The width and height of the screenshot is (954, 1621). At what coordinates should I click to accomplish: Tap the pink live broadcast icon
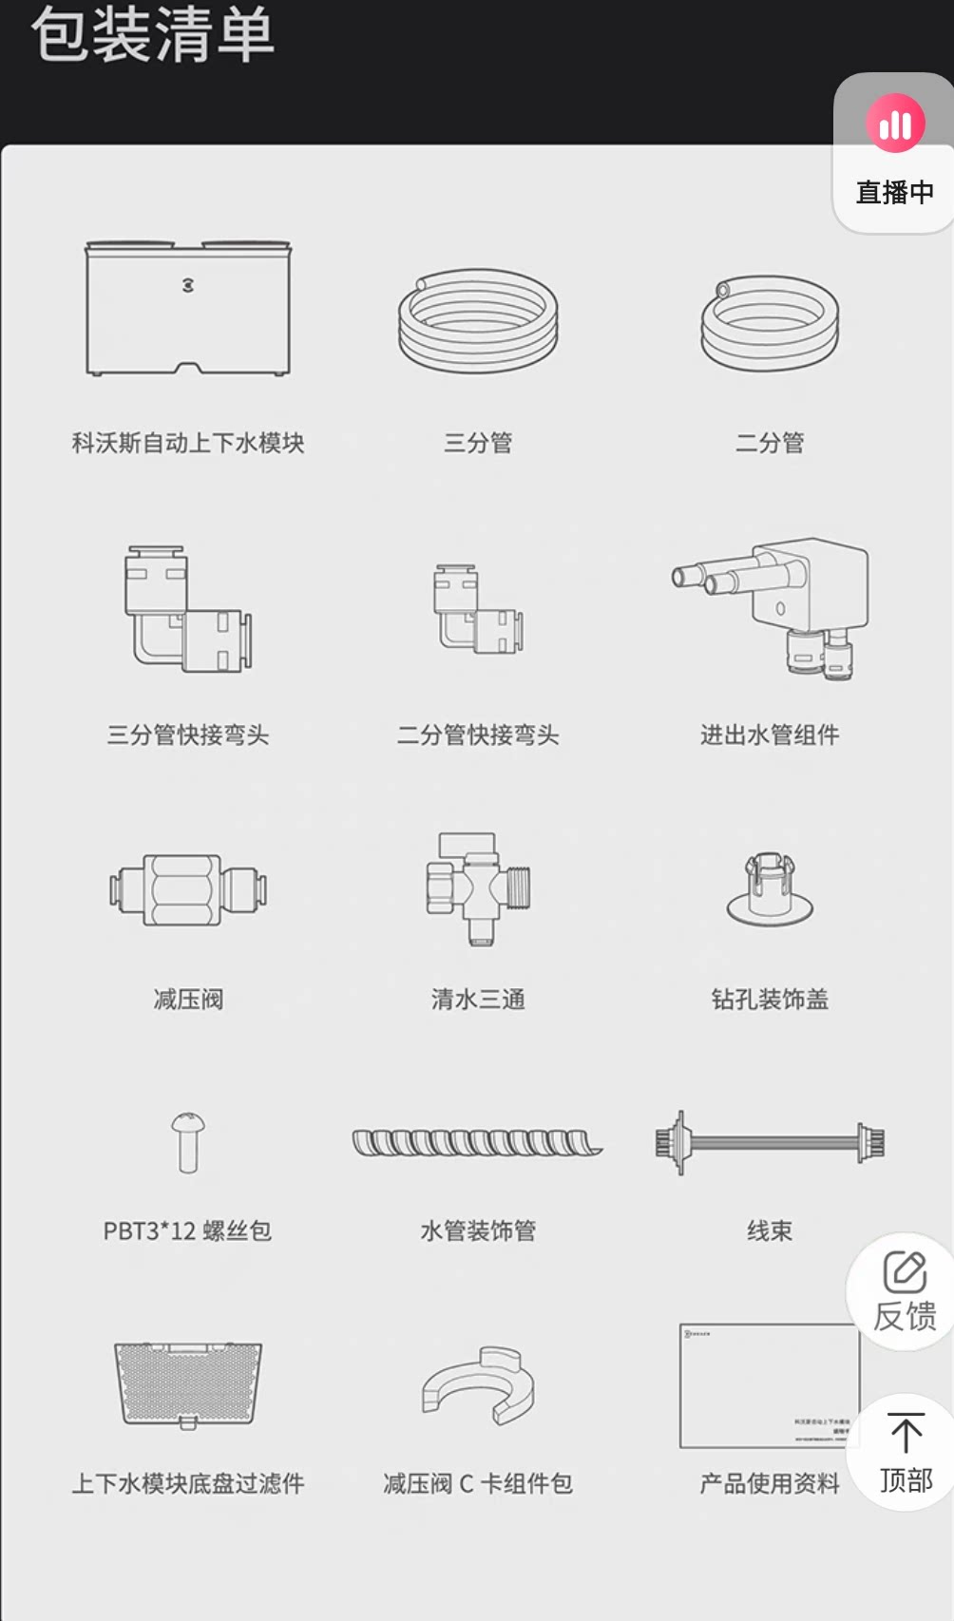pos(895,123)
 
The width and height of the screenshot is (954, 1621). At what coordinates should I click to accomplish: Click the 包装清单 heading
pos(152,35)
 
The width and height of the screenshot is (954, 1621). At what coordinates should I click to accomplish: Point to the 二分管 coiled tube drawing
pos(770,323)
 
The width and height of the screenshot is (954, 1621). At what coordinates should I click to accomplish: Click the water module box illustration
pos(187,309)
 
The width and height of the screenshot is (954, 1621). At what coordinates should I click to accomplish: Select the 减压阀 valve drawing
pos(187,889)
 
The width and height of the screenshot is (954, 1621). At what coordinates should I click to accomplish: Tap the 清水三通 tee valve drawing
pos(478,887)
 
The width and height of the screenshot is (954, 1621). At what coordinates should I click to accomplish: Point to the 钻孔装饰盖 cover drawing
pos(770,889)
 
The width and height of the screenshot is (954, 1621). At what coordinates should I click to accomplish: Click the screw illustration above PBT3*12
pos(187,1142)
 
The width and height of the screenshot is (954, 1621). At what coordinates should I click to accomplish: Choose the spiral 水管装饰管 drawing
pos(478,1142)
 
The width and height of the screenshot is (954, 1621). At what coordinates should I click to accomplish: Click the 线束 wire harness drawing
pos(770,1142)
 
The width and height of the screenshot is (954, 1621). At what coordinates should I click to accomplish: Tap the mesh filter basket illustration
pos(187,1383)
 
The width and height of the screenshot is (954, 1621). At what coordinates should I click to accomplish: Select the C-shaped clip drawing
pos(478,1385)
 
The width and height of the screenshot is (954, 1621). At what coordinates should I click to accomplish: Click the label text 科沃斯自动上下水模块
pos(187,443)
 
